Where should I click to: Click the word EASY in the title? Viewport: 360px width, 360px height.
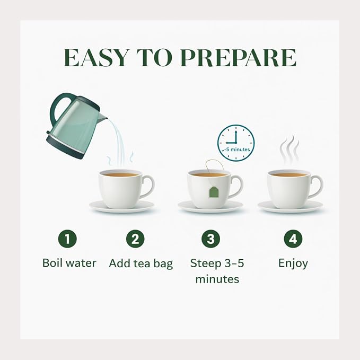(95, 58)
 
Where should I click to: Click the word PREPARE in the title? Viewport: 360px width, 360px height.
(238, 58)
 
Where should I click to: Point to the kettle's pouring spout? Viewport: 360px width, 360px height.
(103, 117)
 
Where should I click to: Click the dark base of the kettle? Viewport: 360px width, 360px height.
(65, 147)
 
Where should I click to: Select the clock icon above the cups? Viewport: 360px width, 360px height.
(236, 143)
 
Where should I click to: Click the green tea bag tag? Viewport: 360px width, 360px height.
(214, 192)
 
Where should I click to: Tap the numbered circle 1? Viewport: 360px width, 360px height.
(67, 239)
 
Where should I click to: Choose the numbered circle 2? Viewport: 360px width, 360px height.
(135, 239)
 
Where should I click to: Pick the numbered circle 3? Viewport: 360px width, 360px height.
(211, 239)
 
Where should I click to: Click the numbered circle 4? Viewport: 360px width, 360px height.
(293, 239)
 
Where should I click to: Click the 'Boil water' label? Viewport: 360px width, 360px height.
(69, 263)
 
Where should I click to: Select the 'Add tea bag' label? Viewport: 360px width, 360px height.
(141, 264)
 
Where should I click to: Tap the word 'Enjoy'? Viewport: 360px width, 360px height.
(293, 264)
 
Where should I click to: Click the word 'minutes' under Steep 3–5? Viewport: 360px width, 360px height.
(217, 279)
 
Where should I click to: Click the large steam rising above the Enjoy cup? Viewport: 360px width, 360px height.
(289, 150)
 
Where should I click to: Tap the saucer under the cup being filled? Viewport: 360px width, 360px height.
(122, 206)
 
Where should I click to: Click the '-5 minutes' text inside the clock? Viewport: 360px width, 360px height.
(236, 150)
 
